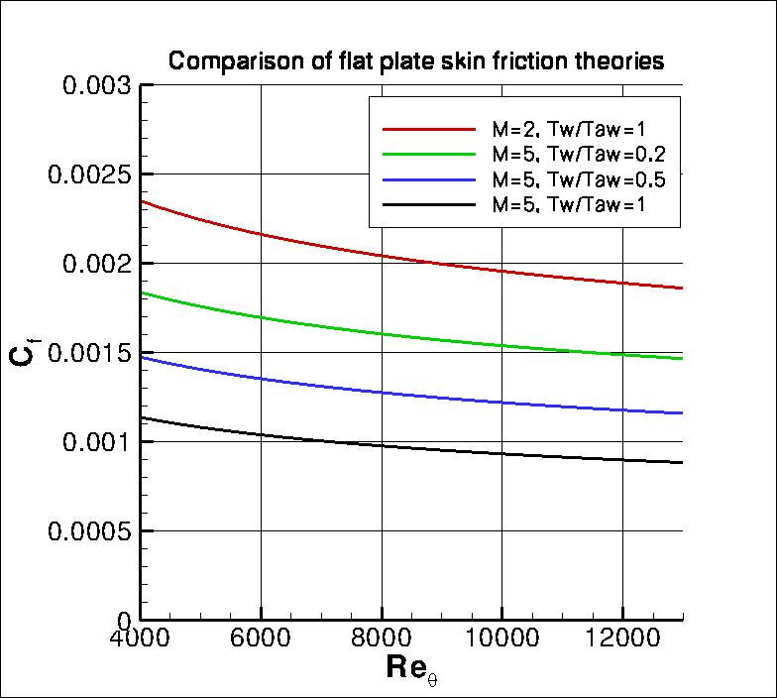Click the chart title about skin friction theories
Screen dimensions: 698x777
pyautogui.click(x=415, y=61)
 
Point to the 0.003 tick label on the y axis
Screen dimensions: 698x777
pyautogui.click(x=97, y=85)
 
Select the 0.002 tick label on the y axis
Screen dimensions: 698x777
pyautogui.click(x=97, y=264)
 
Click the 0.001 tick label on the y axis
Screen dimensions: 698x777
pyautogui.click(x=97, y=442)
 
